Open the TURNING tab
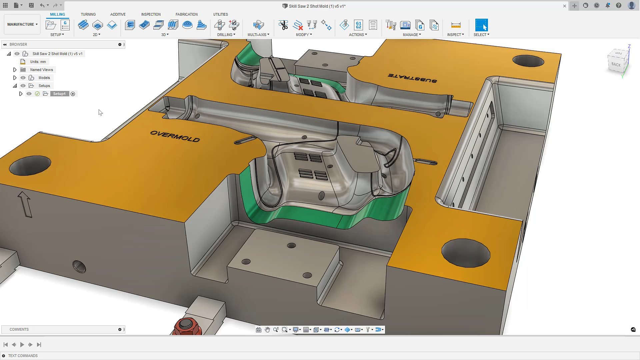coord(88,14)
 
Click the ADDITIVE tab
coord(118,14)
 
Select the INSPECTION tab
coord(151,14)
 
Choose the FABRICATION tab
coord(186,14)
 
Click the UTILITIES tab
coord(220,14)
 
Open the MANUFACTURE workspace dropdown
coord(22,24)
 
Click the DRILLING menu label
coord(226,35)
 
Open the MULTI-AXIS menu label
coord(258,35)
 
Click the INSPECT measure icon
coord(455,25)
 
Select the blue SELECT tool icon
coord(481,25)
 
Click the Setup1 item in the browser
coord(59,94)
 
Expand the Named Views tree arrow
coord(15,70)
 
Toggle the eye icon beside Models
coord(23,78)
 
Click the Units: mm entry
coord(38,62)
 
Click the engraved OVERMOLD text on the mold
coord(175,136)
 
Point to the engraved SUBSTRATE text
coord(412,78)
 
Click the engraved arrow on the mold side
coord(25,204)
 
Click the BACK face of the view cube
coord(616,64)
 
